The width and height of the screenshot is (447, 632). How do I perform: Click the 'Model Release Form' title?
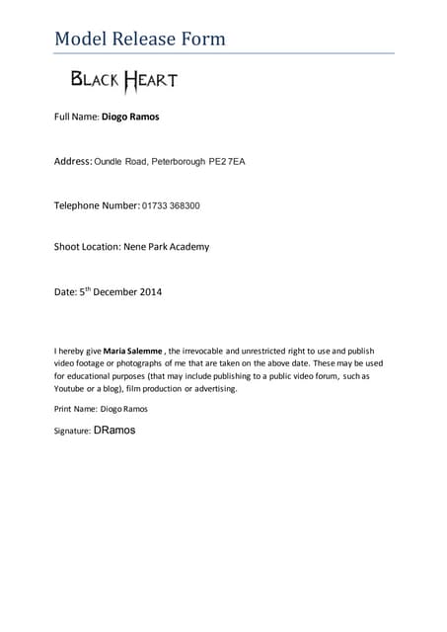click(139, 39)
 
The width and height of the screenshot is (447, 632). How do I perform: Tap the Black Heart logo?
click(123, 79)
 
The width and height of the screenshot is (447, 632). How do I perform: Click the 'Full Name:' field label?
click(76, 117)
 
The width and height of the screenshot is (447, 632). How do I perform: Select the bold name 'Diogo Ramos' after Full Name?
click(130, 117)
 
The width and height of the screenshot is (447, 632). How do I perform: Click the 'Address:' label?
click(72, 160)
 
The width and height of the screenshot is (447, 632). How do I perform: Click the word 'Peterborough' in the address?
click(178, 160)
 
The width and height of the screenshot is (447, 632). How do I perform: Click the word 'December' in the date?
click(112, 292)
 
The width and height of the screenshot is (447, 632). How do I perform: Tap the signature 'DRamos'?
click(114, 431)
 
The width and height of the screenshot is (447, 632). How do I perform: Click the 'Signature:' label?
click(72, 432)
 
